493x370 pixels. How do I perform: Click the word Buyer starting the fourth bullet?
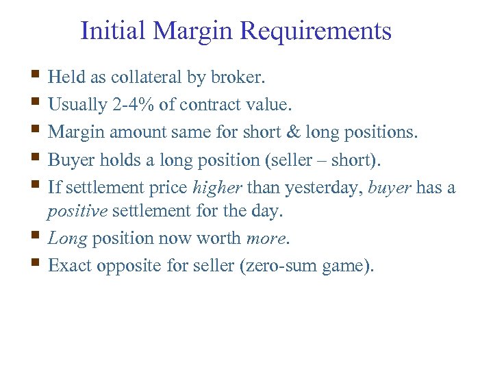click(x=71, y=159)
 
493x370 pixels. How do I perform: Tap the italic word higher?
click(x=218, y=186)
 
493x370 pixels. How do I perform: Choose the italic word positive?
click(x=77, y=211)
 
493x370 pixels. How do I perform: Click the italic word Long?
click(x=67, y=238)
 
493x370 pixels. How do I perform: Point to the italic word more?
click(x=268, y=238)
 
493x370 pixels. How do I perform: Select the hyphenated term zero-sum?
click(x=283, y=265)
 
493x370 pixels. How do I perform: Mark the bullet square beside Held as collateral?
click(x=36, y=76)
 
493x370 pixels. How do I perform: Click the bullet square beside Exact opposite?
click(x=36, y=263)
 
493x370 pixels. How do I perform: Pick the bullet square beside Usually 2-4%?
click(x=36, y=103)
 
